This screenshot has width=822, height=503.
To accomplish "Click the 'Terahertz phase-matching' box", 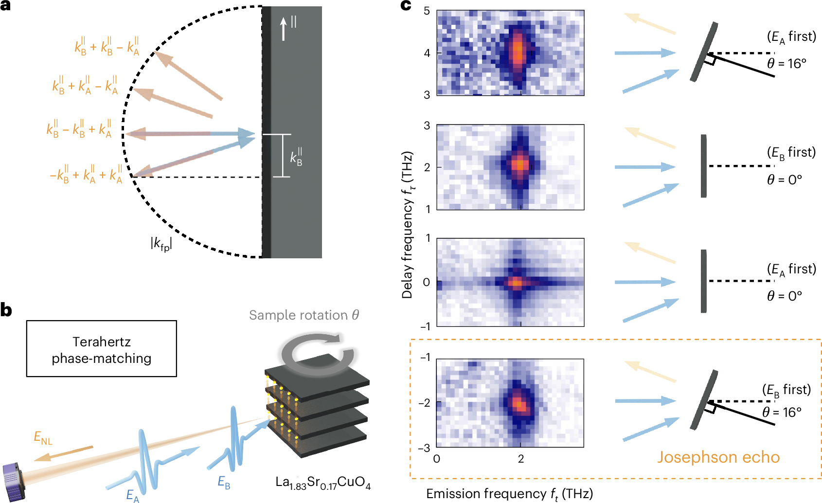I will click(x=101, y=349).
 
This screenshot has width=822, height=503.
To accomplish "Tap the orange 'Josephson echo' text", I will click(x=718, y=457).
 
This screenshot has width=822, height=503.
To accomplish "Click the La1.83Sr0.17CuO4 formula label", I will click(x=322, y=483).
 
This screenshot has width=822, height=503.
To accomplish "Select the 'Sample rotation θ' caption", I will click(x=304, y=315).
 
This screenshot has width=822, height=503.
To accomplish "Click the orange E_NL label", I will click(x=43, y=438).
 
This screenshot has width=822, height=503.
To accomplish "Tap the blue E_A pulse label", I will click(x=132, y=495).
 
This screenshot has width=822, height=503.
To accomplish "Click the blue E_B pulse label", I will click(x=224, y=482).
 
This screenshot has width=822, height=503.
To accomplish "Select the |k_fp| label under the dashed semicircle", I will click(x=161, y=243).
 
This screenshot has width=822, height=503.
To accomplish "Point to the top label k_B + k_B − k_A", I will click(x=107, y=46).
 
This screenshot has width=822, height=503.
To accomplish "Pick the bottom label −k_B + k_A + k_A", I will click(x=86, y=175).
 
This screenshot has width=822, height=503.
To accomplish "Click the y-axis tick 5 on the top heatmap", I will click(x=427, y=11).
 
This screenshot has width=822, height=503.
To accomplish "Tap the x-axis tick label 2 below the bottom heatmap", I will click(x=520, y=459).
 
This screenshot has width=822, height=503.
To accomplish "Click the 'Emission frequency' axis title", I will click(x=509, y=494).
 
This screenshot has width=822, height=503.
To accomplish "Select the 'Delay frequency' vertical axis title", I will click(x=408, y=225).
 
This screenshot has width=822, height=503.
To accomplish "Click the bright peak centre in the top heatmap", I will click(x=518, y=50).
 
